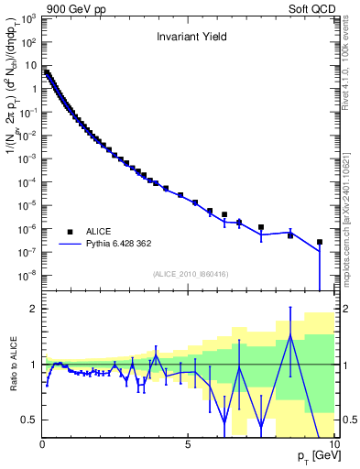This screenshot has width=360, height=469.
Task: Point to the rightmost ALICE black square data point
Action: point(319,243)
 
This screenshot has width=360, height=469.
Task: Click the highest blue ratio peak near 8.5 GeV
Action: point(289,335)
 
